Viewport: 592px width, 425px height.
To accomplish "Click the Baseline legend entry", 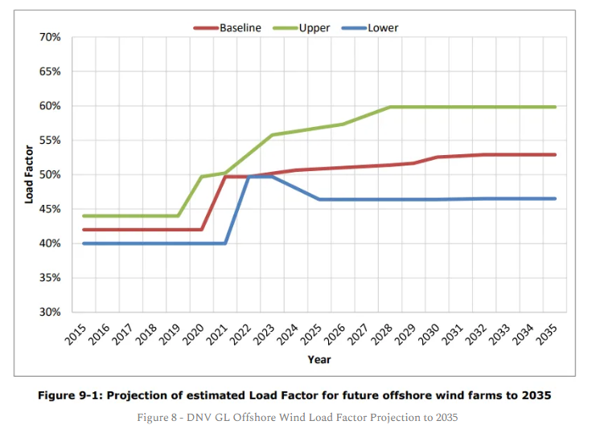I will pos(240,27).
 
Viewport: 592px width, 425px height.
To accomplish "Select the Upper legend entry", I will pos(314,27).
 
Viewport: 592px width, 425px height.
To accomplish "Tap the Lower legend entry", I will pos(383,27).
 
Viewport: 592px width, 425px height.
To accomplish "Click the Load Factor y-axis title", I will pos(29,174).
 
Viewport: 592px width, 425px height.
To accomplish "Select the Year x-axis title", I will pos(319,359).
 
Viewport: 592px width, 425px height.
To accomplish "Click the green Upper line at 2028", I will pos(390,107).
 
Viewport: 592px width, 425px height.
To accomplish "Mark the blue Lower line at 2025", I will pos(319,198).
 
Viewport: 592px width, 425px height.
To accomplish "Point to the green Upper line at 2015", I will pos(84,215).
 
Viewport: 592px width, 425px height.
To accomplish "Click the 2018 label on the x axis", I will pos(147,331).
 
